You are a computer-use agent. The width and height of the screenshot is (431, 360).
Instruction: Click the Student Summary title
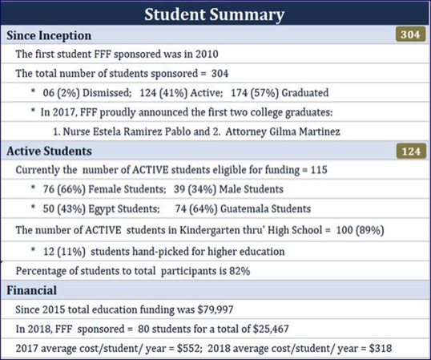(215, 14)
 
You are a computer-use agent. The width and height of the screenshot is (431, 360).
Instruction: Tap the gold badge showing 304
(411, 34)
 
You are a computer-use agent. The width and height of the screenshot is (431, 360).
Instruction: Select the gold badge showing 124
(411, 152)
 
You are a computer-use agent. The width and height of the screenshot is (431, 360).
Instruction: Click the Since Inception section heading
(49, 35)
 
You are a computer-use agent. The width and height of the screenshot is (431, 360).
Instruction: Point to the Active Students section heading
(49, 151)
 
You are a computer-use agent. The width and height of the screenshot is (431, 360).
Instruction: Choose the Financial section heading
(31, 290)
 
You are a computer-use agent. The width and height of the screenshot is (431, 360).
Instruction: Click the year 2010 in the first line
(207, 54)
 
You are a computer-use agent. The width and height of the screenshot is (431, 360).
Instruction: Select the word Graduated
(305, 93)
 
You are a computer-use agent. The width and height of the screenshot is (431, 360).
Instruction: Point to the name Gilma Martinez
(304, 131)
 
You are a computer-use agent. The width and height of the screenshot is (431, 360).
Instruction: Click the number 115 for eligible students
(319, 170)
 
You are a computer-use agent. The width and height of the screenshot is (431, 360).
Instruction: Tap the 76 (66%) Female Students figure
(104, 189)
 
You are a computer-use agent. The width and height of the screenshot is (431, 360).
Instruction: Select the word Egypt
(102, 208)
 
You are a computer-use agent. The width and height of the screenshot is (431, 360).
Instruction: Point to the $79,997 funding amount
(215, 309)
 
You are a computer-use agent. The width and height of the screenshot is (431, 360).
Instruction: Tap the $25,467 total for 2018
(271, 329)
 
